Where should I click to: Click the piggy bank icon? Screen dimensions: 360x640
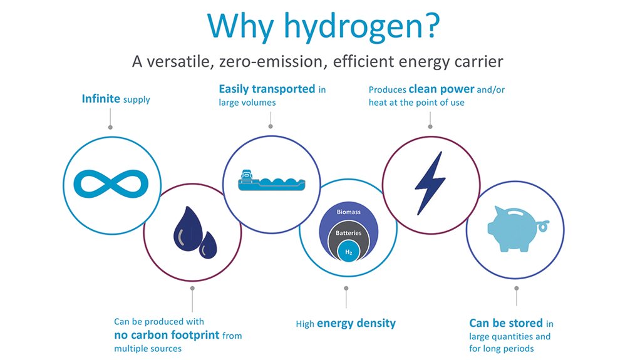pos(514,229)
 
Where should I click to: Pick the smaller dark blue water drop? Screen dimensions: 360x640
pos(207,245)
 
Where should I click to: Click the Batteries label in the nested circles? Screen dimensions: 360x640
pos(348,233)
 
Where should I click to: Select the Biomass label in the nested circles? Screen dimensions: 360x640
pos(348,212)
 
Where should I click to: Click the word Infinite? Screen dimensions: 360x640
pos(101,99)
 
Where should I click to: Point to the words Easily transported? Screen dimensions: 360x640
pos(267,89)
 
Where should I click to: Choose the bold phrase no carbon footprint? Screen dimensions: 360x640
pos(167,335)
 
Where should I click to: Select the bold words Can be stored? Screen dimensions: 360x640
pos(505,323)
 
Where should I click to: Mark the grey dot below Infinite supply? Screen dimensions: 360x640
pos(111,128)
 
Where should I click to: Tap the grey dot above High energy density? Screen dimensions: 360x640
pos(346,289)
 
